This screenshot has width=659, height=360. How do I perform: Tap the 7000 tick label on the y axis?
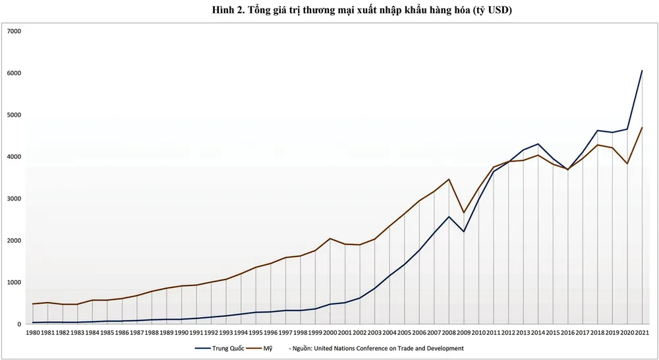point(14,31)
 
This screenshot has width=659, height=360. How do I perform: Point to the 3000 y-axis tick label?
point(14,198)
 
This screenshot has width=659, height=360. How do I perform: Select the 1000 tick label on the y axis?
point(14,282)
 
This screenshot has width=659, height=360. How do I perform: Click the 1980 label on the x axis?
point(33,333)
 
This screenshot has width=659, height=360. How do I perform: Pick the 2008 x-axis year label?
point(448,333)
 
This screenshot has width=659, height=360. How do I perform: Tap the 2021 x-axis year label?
point(641,333)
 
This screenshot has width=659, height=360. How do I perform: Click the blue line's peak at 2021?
point(642,71)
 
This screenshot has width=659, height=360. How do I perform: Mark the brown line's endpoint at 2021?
point(642,127)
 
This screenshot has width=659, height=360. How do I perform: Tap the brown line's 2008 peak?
point(449,179)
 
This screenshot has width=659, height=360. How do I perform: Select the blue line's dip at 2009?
point(463,231)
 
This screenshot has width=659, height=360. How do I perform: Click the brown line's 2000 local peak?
point(329,239)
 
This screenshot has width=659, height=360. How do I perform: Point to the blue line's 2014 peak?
point(538,144)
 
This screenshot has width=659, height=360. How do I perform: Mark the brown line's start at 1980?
point(33,304)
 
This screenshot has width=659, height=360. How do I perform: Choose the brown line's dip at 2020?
point(627,164)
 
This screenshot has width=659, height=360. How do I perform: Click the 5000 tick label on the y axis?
point(14,115)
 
